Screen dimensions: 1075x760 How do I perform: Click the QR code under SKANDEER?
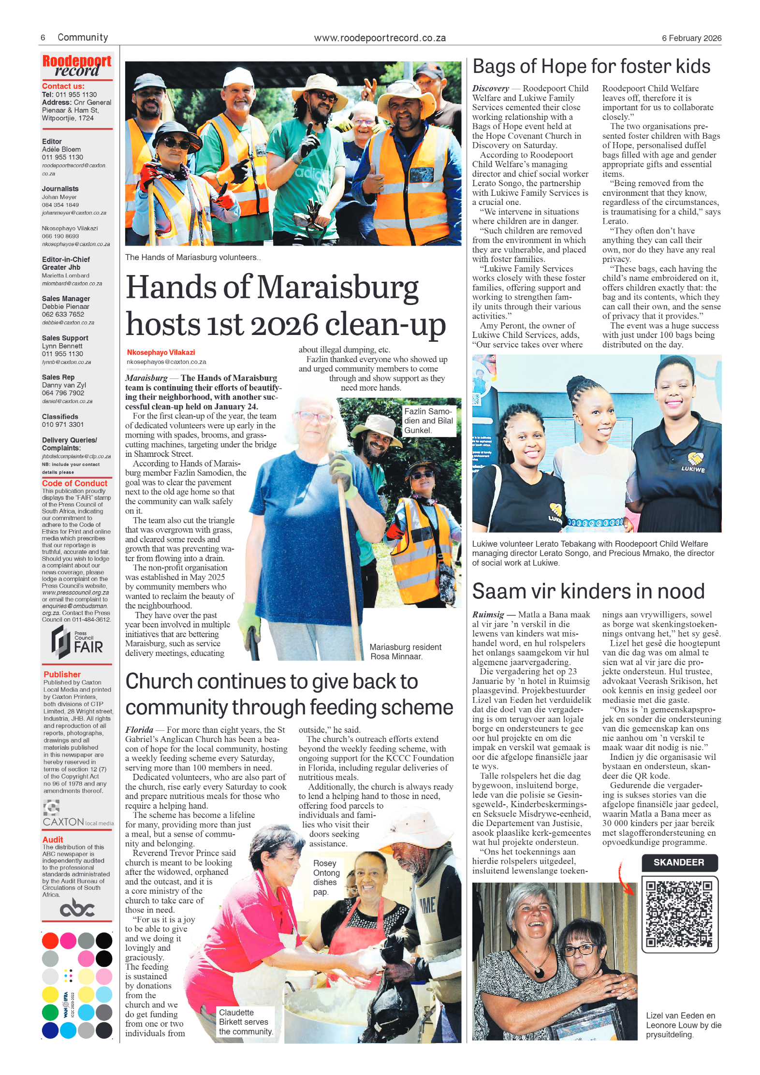679,914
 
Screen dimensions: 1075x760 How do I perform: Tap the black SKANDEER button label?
679,862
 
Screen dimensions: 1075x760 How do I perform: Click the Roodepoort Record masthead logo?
77,67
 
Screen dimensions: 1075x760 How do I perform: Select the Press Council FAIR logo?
77,642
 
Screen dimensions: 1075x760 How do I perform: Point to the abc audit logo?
77,908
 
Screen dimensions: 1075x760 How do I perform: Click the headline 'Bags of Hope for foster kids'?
591,67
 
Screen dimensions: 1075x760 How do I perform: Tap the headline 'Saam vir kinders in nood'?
588,591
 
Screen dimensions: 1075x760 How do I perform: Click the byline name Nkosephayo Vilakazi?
161,352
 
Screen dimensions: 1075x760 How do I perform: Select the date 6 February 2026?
691,38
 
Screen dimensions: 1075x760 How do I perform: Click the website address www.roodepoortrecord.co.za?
380,38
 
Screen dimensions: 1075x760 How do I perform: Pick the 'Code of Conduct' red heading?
74,483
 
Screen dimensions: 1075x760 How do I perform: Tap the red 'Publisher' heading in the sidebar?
62,674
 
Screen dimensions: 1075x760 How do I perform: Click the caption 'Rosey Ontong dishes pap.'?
326,877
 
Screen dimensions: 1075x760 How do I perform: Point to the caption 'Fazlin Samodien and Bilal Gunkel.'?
428,421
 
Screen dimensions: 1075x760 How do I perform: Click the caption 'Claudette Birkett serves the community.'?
246,1022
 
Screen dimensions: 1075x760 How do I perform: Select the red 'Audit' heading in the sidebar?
53,840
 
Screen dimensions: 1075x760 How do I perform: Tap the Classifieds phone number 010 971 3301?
63,424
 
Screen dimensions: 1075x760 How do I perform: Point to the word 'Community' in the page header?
83,38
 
